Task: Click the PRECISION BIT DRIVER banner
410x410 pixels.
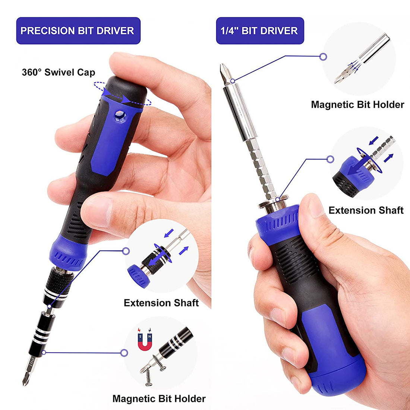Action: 78,31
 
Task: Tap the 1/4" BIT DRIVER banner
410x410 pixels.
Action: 259,31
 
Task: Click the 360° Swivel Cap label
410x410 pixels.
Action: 59,72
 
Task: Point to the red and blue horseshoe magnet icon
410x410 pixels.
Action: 145,338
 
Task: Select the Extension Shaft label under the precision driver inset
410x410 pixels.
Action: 161,303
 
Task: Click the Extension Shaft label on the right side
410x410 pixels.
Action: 366,210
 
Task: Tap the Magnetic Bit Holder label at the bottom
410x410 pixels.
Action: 159,399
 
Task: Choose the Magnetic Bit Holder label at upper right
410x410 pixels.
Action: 357,105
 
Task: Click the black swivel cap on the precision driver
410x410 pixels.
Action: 125,89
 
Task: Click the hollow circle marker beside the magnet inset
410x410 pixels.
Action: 124,352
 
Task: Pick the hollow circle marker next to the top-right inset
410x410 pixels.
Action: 324,57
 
